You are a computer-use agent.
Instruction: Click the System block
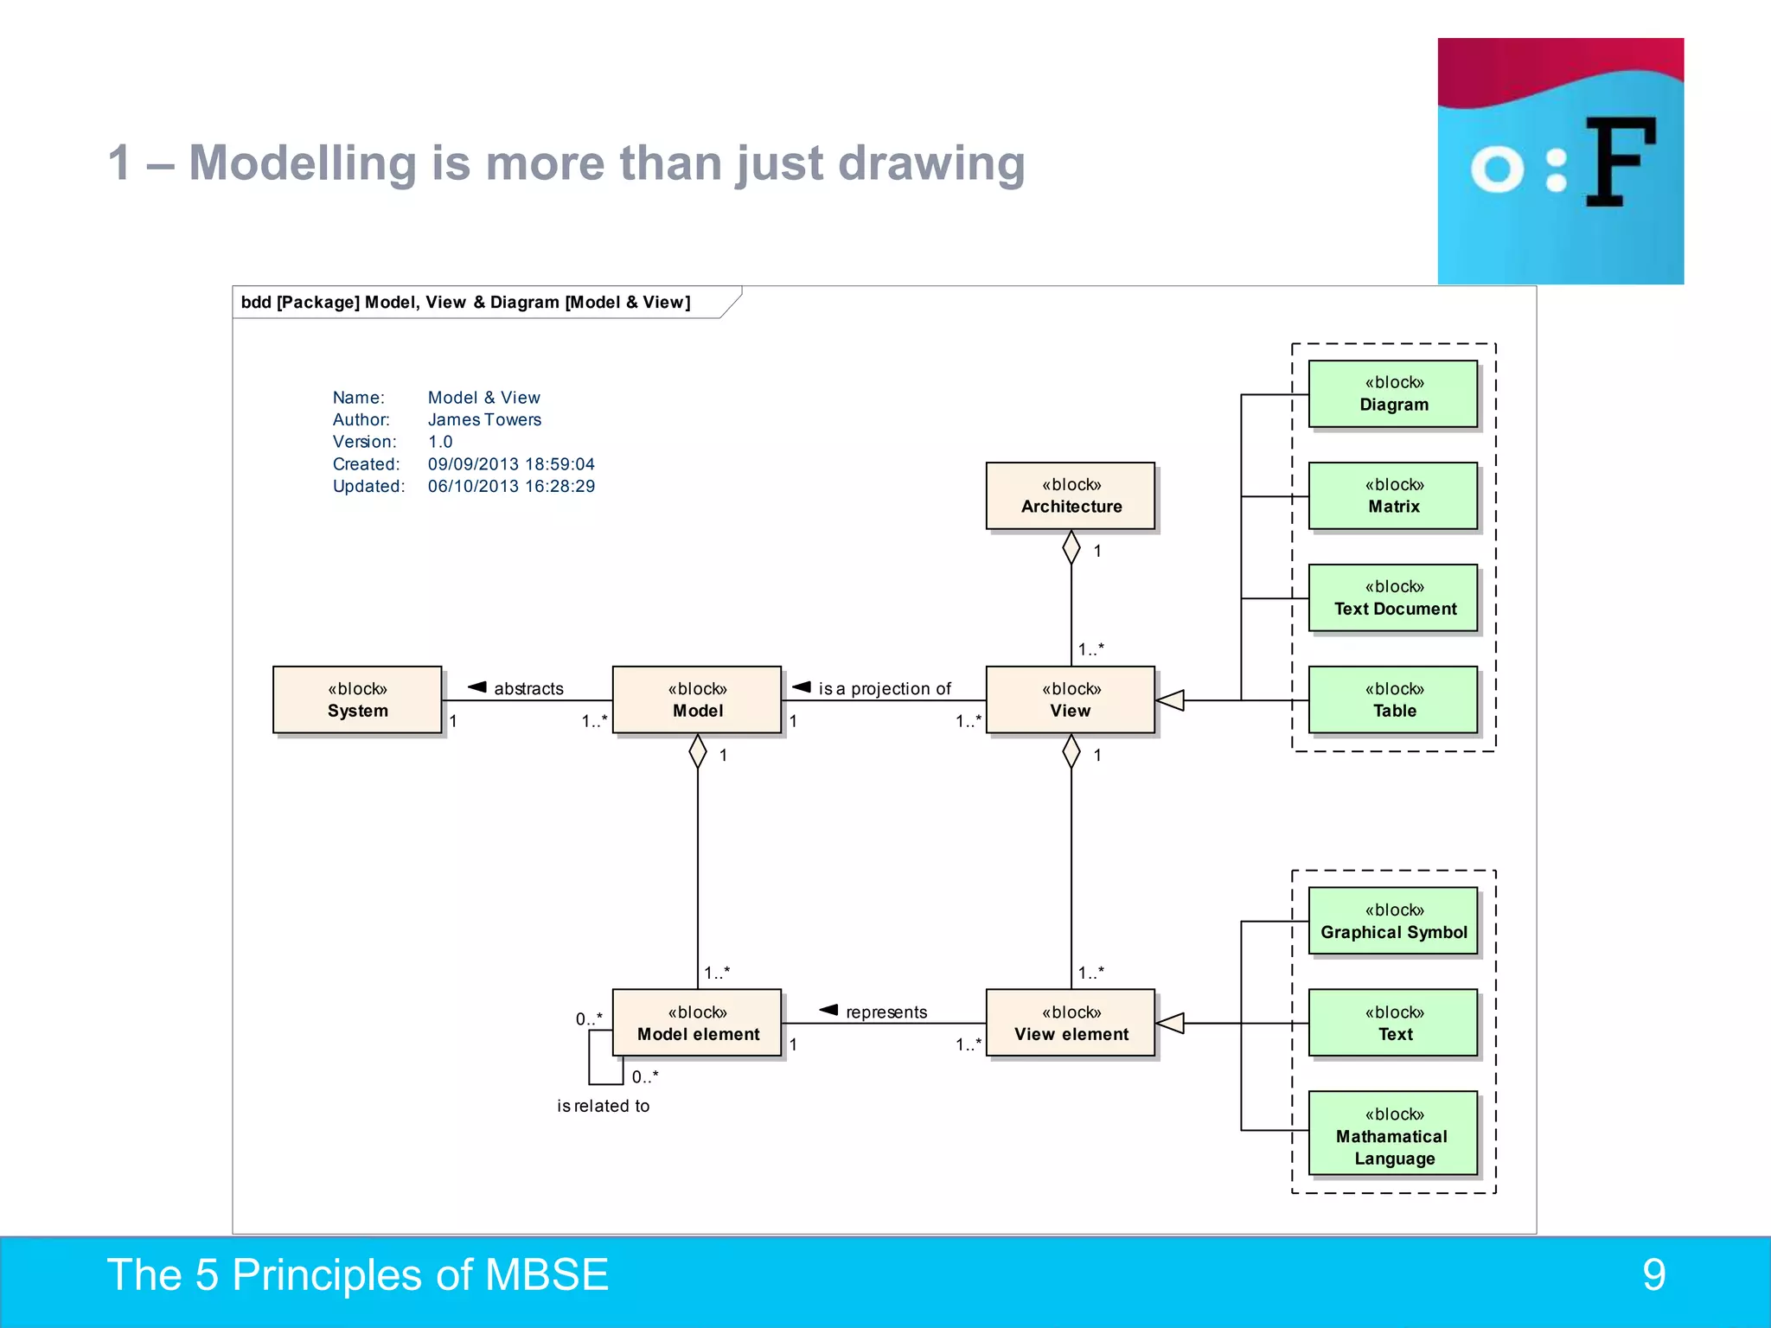click(x=357, y=699)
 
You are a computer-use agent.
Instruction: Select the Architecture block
click(x=1071, y=495)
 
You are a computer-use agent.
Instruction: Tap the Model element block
click(x=697, y=1023)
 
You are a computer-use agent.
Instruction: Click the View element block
click(x=1071, y=1023)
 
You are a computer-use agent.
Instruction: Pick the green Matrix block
click(x=1393, y=495)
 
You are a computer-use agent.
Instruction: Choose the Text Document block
click(x=1393, y=597)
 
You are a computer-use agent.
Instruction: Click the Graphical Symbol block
click(x=1393, y=921)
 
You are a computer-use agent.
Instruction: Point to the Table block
click(x=1393, y=699)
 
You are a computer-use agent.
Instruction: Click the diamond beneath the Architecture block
click(x=1071, y=547)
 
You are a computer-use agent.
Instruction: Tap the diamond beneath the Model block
click(x=698, y=751)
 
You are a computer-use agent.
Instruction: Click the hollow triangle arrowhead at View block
click(x=1170, y=700)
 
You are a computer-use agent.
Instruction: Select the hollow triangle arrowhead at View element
click(x=1170, y=1024)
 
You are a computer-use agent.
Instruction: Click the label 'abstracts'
click(x=528, y=688)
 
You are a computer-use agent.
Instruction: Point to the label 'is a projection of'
click(x=884, y=688)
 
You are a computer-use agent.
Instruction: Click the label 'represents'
click(x=885, y=1012)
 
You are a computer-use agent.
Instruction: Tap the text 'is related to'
click(x=603, y=1106)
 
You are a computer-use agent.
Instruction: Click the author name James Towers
click(x=484, y=419)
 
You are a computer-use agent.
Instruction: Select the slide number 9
click(x=1653, y=1274)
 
